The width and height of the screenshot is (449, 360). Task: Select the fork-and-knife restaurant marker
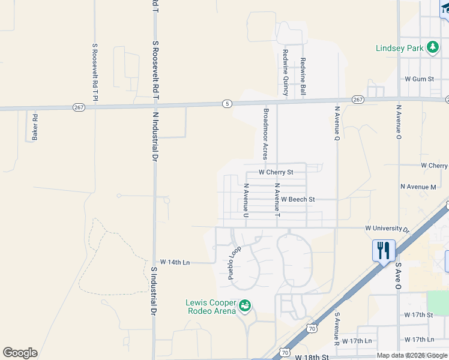(384, 250)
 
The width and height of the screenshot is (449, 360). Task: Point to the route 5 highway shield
(226, 103)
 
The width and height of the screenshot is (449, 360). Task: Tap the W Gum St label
(419, 79)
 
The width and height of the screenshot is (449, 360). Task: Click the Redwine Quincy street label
(286, 73)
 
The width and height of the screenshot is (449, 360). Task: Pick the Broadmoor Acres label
(265, 133)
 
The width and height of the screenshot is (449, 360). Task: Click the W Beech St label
(298, 199)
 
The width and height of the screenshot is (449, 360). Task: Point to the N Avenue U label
(246, 200)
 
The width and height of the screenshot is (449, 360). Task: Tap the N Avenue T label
(277, 200)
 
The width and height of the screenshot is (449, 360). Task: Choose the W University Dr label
(387, 229)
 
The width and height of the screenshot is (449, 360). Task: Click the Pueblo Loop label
(234, 263)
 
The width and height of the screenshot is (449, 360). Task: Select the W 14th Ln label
(175, 262)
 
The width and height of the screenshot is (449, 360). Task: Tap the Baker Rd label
(35, 127)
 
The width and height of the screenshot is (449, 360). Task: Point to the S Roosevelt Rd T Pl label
(94, 72)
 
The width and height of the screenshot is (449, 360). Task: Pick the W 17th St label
(418, 315)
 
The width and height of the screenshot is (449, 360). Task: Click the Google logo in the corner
(20, 353)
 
